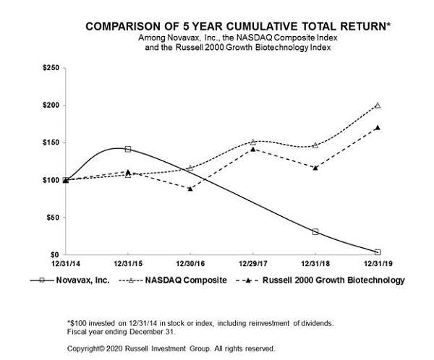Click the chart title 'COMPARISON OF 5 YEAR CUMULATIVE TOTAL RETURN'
(239, 26)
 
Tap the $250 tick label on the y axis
(51, 68)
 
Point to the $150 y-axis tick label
(51, 143)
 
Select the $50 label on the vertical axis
(53, 218)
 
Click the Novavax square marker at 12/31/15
(127, 149)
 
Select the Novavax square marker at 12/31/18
(315, 232)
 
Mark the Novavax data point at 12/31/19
(378, 252)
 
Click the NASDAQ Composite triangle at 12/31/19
(378, 105)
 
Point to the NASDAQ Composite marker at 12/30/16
(190, 168)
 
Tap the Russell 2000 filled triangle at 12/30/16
(190, 188)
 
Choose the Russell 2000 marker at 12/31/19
(378, 127)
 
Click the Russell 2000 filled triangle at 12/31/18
(315, 168)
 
